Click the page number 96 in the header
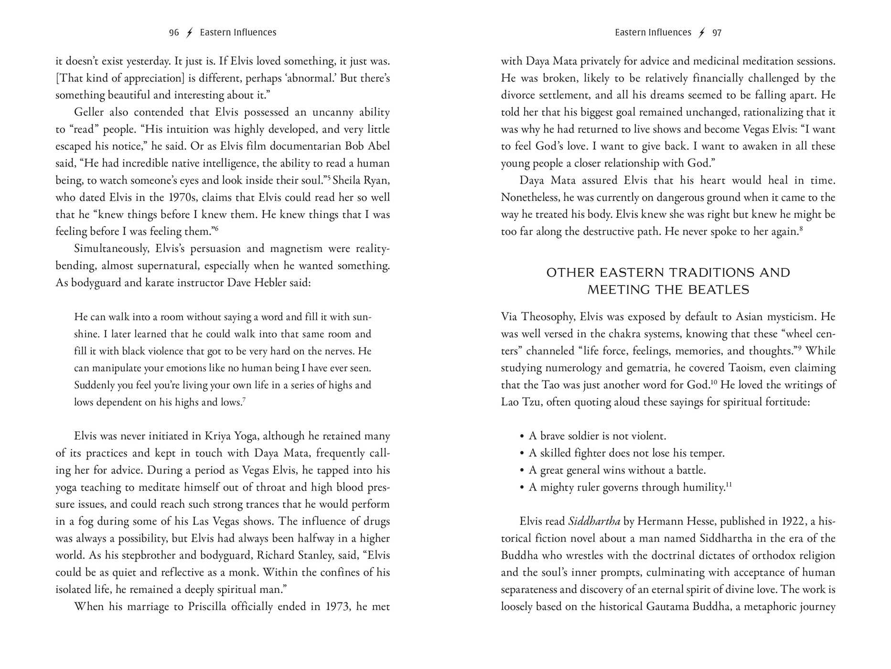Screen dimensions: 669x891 pyautogui.click(x=174, y=33)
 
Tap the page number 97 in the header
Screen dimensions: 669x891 pyautogui.click(x=717, y=33)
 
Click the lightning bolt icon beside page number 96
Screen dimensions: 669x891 pyautogui.click(x=189, y=33)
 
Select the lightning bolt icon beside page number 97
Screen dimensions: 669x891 pyautogui.click(x=701, y=33)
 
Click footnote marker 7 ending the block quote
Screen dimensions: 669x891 pyautogui.click(x=244, y=399)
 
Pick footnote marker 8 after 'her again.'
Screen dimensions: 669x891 pyautogui.click(x=801, y=229)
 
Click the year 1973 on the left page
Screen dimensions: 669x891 pyautogui.click(x=337, y=607)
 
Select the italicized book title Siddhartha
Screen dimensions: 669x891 pyautogui.click(x=594, y=522)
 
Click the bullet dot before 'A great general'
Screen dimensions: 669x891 pyautogui.click(x=522, y=471)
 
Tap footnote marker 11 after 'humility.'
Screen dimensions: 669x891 pyautogui.click(x=729, y=485)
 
